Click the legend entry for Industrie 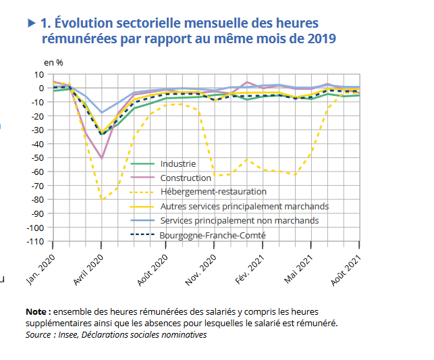pyautogui.click(x=178, y=163)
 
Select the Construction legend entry pyautogui.click(x=185, y=178)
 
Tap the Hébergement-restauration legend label pyautogui.click(x=213, y=192)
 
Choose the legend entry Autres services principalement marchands pyautogui.click(x=244, y=206)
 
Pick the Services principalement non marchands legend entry pyautogui.click(x=239, y=220)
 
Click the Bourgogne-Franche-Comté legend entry pyautogui.click(x=212, y=235)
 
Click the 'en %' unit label pyautogui.click(x=53, y=62)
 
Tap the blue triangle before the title pyautogui.click(x=31, y=23)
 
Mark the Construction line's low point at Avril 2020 pyautogui.click(x=101, y=158)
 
